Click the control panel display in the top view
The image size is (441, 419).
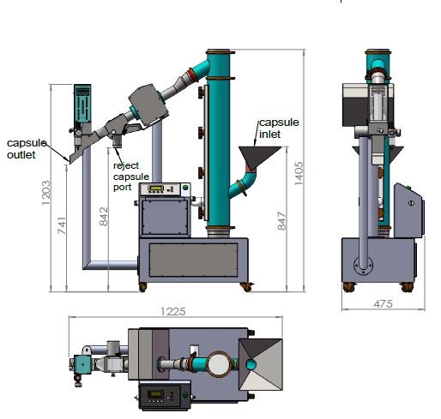coord(158,395)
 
